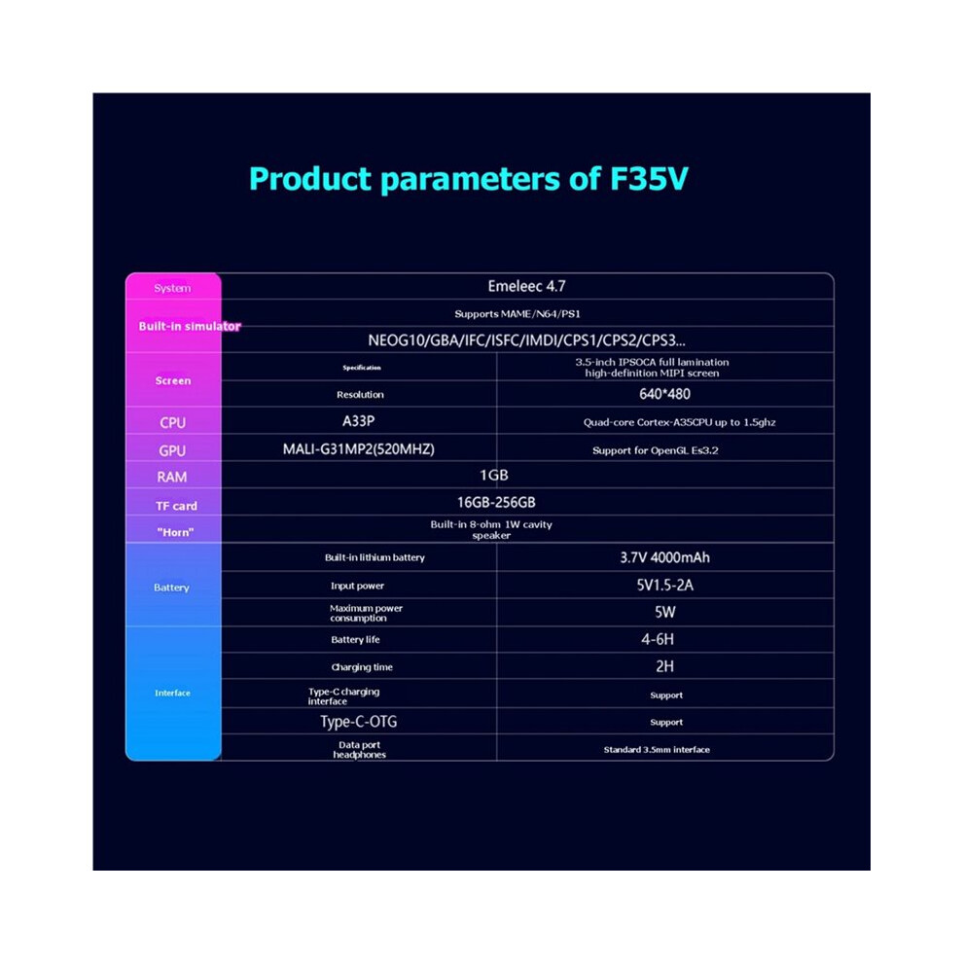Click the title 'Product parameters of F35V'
tap(469, 179)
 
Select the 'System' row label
tap(172, 288)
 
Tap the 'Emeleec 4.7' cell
tap(526, 286)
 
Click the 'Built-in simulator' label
tap(190, 326)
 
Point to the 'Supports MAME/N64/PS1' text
tap(517, 314)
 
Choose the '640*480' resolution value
tap(664, 394)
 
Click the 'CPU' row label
tap(172, 422)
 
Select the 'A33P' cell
tap(358, 421)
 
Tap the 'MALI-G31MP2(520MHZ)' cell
tap(359, 449)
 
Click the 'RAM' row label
tap(172, 477)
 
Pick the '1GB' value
tap(494, 476)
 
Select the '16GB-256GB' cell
tap(496, 502)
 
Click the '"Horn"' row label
tap(176, 532)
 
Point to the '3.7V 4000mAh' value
tap(664, 557)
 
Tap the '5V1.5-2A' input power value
tap(665, 586)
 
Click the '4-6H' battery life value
tap(658, 639)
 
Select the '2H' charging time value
tap(664, 666)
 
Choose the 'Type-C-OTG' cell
tap(359, 722)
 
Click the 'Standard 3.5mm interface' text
tap(657, 749)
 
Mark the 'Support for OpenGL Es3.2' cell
tap(656, 450)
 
